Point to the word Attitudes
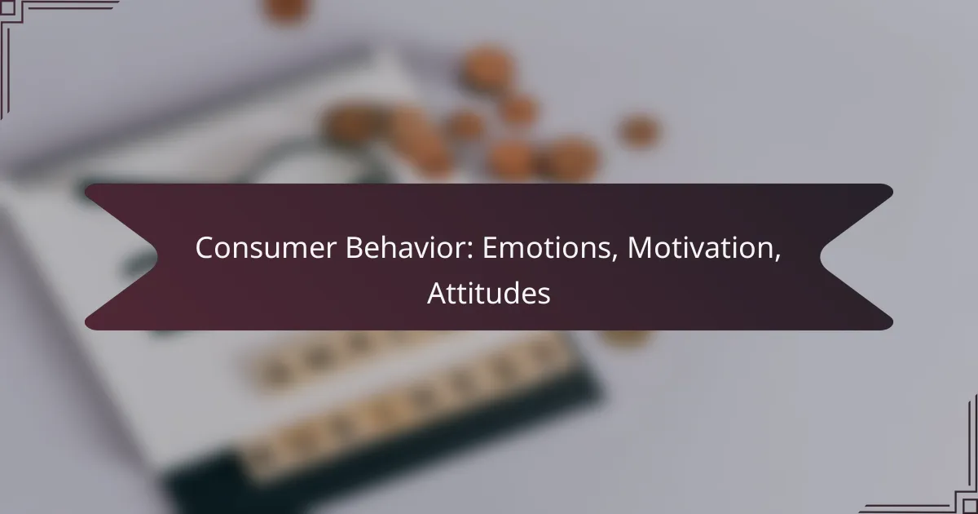488,294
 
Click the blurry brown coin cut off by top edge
287,8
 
